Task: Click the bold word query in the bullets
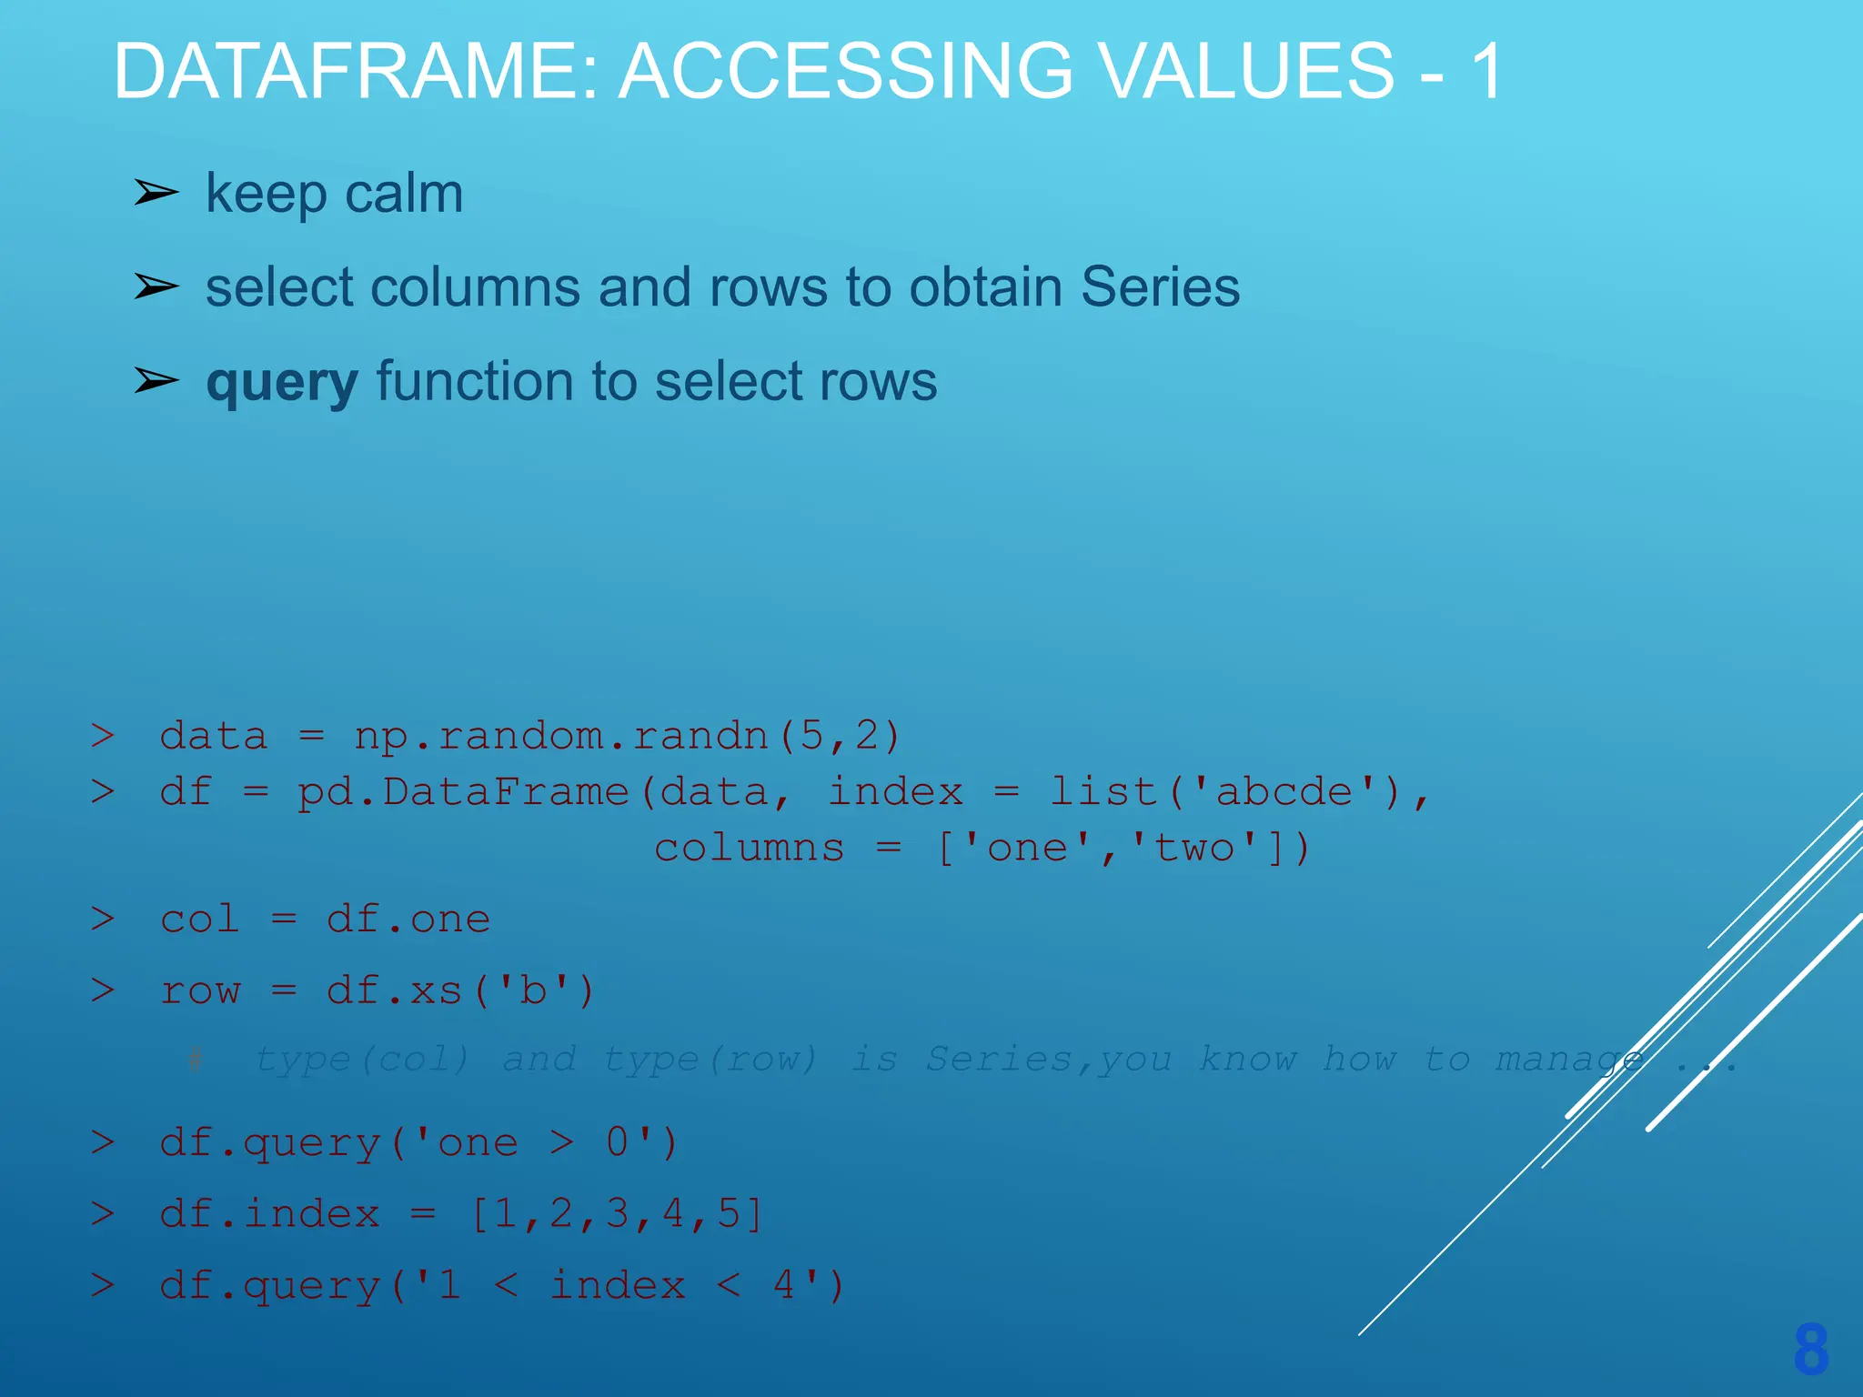282,382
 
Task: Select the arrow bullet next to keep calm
156,193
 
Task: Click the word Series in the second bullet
1160,287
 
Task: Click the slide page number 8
1810,1349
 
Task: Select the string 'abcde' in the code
1284,792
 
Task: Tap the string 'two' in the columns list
1193,849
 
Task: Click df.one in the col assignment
408,920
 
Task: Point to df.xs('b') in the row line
459,990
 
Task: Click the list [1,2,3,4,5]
618,1214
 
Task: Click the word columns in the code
750,849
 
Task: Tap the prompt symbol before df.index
103,1214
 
